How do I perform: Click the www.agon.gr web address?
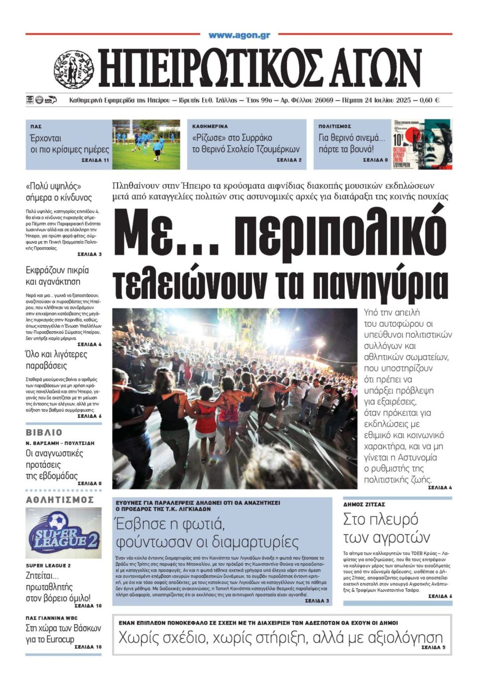click(239, 35)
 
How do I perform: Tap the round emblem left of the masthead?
click(74, 69)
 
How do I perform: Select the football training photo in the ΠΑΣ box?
click(146, 144)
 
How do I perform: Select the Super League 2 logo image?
click(63, 533)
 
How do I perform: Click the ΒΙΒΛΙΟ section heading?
click(44, 432)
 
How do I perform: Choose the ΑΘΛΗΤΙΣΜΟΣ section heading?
click(60, 500)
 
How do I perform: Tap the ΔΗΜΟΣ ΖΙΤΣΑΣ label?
click(364, 505)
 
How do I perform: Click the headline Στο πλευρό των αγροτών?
click(386, 528)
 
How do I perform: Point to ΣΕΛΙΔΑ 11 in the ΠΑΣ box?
click(95, 160)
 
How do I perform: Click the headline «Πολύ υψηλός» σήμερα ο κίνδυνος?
click(59, 192)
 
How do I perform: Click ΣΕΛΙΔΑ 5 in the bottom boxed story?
click(433, 647)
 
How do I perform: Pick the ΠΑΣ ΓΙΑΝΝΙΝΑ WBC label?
click(51, 618)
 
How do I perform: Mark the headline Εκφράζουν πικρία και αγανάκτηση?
click(57, 276)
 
